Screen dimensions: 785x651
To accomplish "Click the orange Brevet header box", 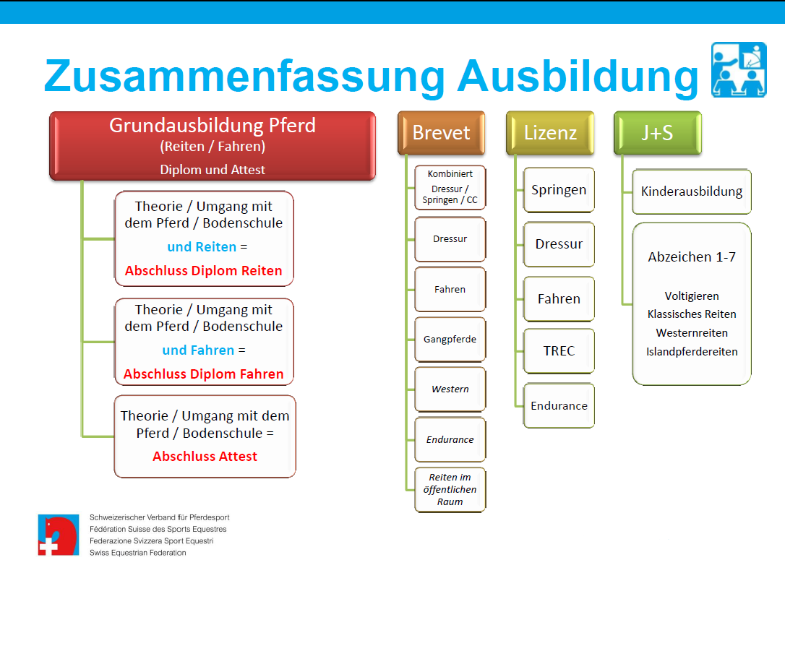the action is (x=441, y=133).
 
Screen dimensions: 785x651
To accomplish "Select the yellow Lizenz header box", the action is (x=550, y=133).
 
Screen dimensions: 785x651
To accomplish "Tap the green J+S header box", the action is (x=657, y=133).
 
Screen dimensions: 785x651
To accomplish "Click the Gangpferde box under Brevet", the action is (x=450, y=340).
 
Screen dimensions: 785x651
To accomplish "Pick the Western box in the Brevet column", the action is (x=450, y=389).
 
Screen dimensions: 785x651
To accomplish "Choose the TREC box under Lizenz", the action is (x=559, y=350).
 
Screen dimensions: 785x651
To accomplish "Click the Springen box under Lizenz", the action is (x=559, y=189).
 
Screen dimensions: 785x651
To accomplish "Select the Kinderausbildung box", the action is (x=691, y=191).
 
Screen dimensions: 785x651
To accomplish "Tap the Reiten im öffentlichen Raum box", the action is (x=450, y=489).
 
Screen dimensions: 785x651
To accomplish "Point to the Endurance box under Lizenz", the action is (x=559, y=405).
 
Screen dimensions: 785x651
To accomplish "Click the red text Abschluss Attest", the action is (x=205, y=457).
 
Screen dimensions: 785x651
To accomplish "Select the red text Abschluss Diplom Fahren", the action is (x=203, y=374).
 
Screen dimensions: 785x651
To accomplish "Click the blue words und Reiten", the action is (x=202, y=246).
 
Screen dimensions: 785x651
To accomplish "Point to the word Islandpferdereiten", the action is (x=692, y=352).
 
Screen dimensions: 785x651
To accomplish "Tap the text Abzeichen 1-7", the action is (x=692, y=256).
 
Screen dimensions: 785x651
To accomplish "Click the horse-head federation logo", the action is (x=59, y=535).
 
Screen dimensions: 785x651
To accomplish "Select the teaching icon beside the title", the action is (x=739, y=69).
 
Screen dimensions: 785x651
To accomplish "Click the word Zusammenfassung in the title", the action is (x=245, y=76).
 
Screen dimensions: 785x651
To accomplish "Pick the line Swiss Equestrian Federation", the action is (x=137, y=553).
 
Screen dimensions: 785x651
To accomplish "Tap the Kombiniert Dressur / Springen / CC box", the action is (x=450, y=187).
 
